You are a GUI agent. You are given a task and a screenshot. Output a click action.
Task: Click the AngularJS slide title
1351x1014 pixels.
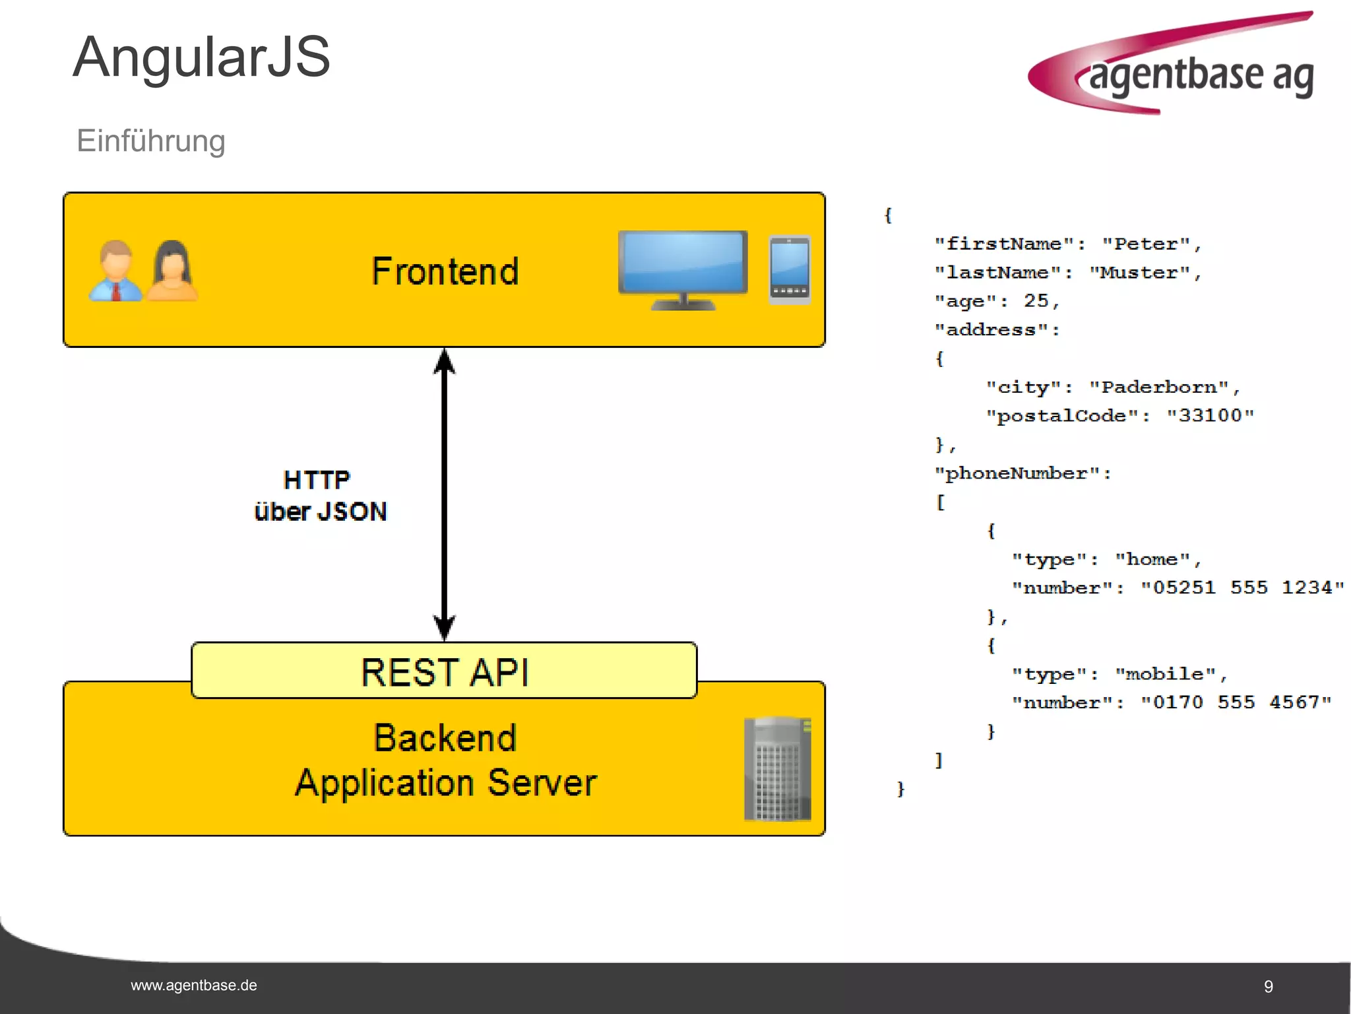[x=201, y=58]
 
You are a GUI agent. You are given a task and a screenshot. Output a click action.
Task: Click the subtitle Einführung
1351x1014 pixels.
[x=151, y=141]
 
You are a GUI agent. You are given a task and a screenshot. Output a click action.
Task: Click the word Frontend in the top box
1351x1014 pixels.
[x=445, y=271]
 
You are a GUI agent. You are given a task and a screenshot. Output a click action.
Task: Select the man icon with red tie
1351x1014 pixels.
[x=116, y=271]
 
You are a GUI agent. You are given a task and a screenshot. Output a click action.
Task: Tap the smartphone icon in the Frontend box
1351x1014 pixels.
[x=790, y=269]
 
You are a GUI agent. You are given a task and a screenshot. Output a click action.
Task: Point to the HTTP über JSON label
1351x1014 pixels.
[x=319, y=496]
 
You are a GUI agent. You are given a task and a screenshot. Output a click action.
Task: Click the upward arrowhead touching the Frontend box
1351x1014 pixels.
[x=445, y=361]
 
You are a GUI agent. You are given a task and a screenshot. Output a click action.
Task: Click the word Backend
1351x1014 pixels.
[x=445, y=737]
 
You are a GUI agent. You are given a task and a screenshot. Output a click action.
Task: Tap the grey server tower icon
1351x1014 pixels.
[x=777, y=769]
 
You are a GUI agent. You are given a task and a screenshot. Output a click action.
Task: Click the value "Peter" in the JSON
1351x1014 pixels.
[x=1147, y=244]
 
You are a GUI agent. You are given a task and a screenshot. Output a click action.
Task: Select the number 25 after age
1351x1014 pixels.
[x=1036, y=301]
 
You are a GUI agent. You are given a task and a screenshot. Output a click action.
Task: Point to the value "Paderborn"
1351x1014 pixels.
[x=1159, y=387]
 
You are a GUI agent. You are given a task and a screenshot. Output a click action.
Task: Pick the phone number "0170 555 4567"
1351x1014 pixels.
[x=1236, y=702]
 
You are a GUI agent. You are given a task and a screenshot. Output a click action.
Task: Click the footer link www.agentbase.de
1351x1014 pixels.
[x=194, y=986]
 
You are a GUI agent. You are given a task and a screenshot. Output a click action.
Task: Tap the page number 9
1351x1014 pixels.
[x=1268, y=986]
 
